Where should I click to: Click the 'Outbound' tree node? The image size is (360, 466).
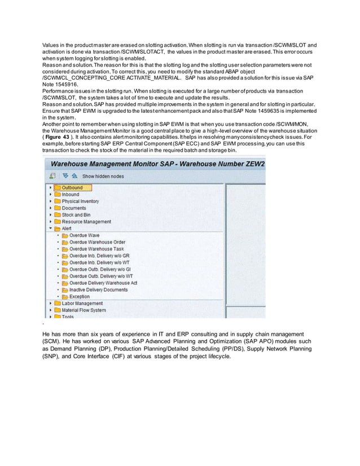point(72,188)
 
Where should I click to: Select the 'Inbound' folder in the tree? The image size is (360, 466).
point(71,195)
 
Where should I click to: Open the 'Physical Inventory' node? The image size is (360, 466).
point(80,201)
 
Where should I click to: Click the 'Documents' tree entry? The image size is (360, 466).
point(74,208)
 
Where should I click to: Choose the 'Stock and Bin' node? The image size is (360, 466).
point(76,215)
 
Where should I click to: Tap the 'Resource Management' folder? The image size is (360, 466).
point(86,222)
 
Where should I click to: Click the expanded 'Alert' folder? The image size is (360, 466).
point(67,228)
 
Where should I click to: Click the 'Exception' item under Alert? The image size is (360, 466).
point(79,297)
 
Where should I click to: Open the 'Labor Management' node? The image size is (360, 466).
point(83,304)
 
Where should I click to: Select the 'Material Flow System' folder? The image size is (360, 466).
point(84,310)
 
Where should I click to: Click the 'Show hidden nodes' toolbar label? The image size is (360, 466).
point(103,176)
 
